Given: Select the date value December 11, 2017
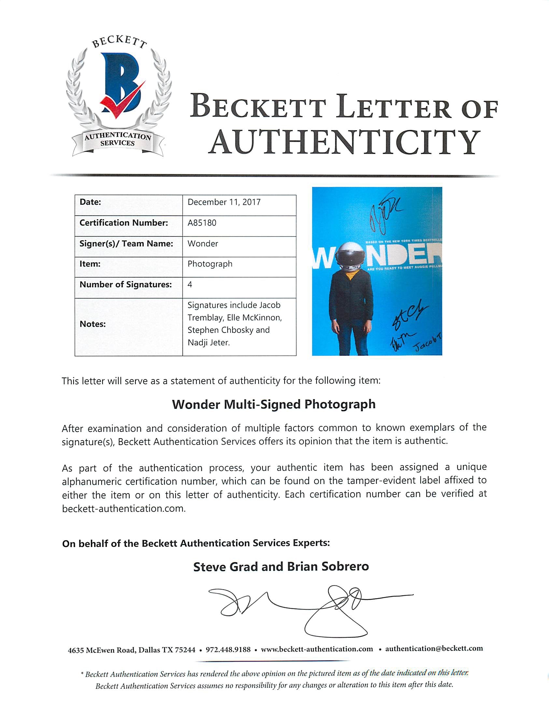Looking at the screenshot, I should point(224,202).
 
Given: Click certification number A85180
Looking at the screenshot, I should point(202,222).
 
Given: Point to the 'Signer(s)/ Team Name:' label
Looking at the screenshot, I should point(126,244).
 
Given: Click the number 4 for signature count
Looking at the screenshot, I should point(190,284).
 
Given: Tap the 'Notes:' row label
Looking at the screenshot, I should point(92,324).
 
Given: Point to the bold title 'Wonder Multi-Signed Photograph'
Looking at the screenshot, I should point(274,405).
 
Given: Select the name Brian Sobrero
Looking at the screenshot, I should point(328,566).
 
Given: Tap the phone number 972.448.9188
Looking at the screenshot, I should point(228,649).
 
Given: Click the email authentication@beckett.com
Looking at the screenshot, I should point(434,649).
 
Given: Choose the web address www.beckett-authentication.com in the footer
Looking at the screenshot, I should point(317,649).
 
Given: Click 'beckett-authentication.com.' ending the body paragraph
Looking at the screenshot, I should point(124,509).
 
